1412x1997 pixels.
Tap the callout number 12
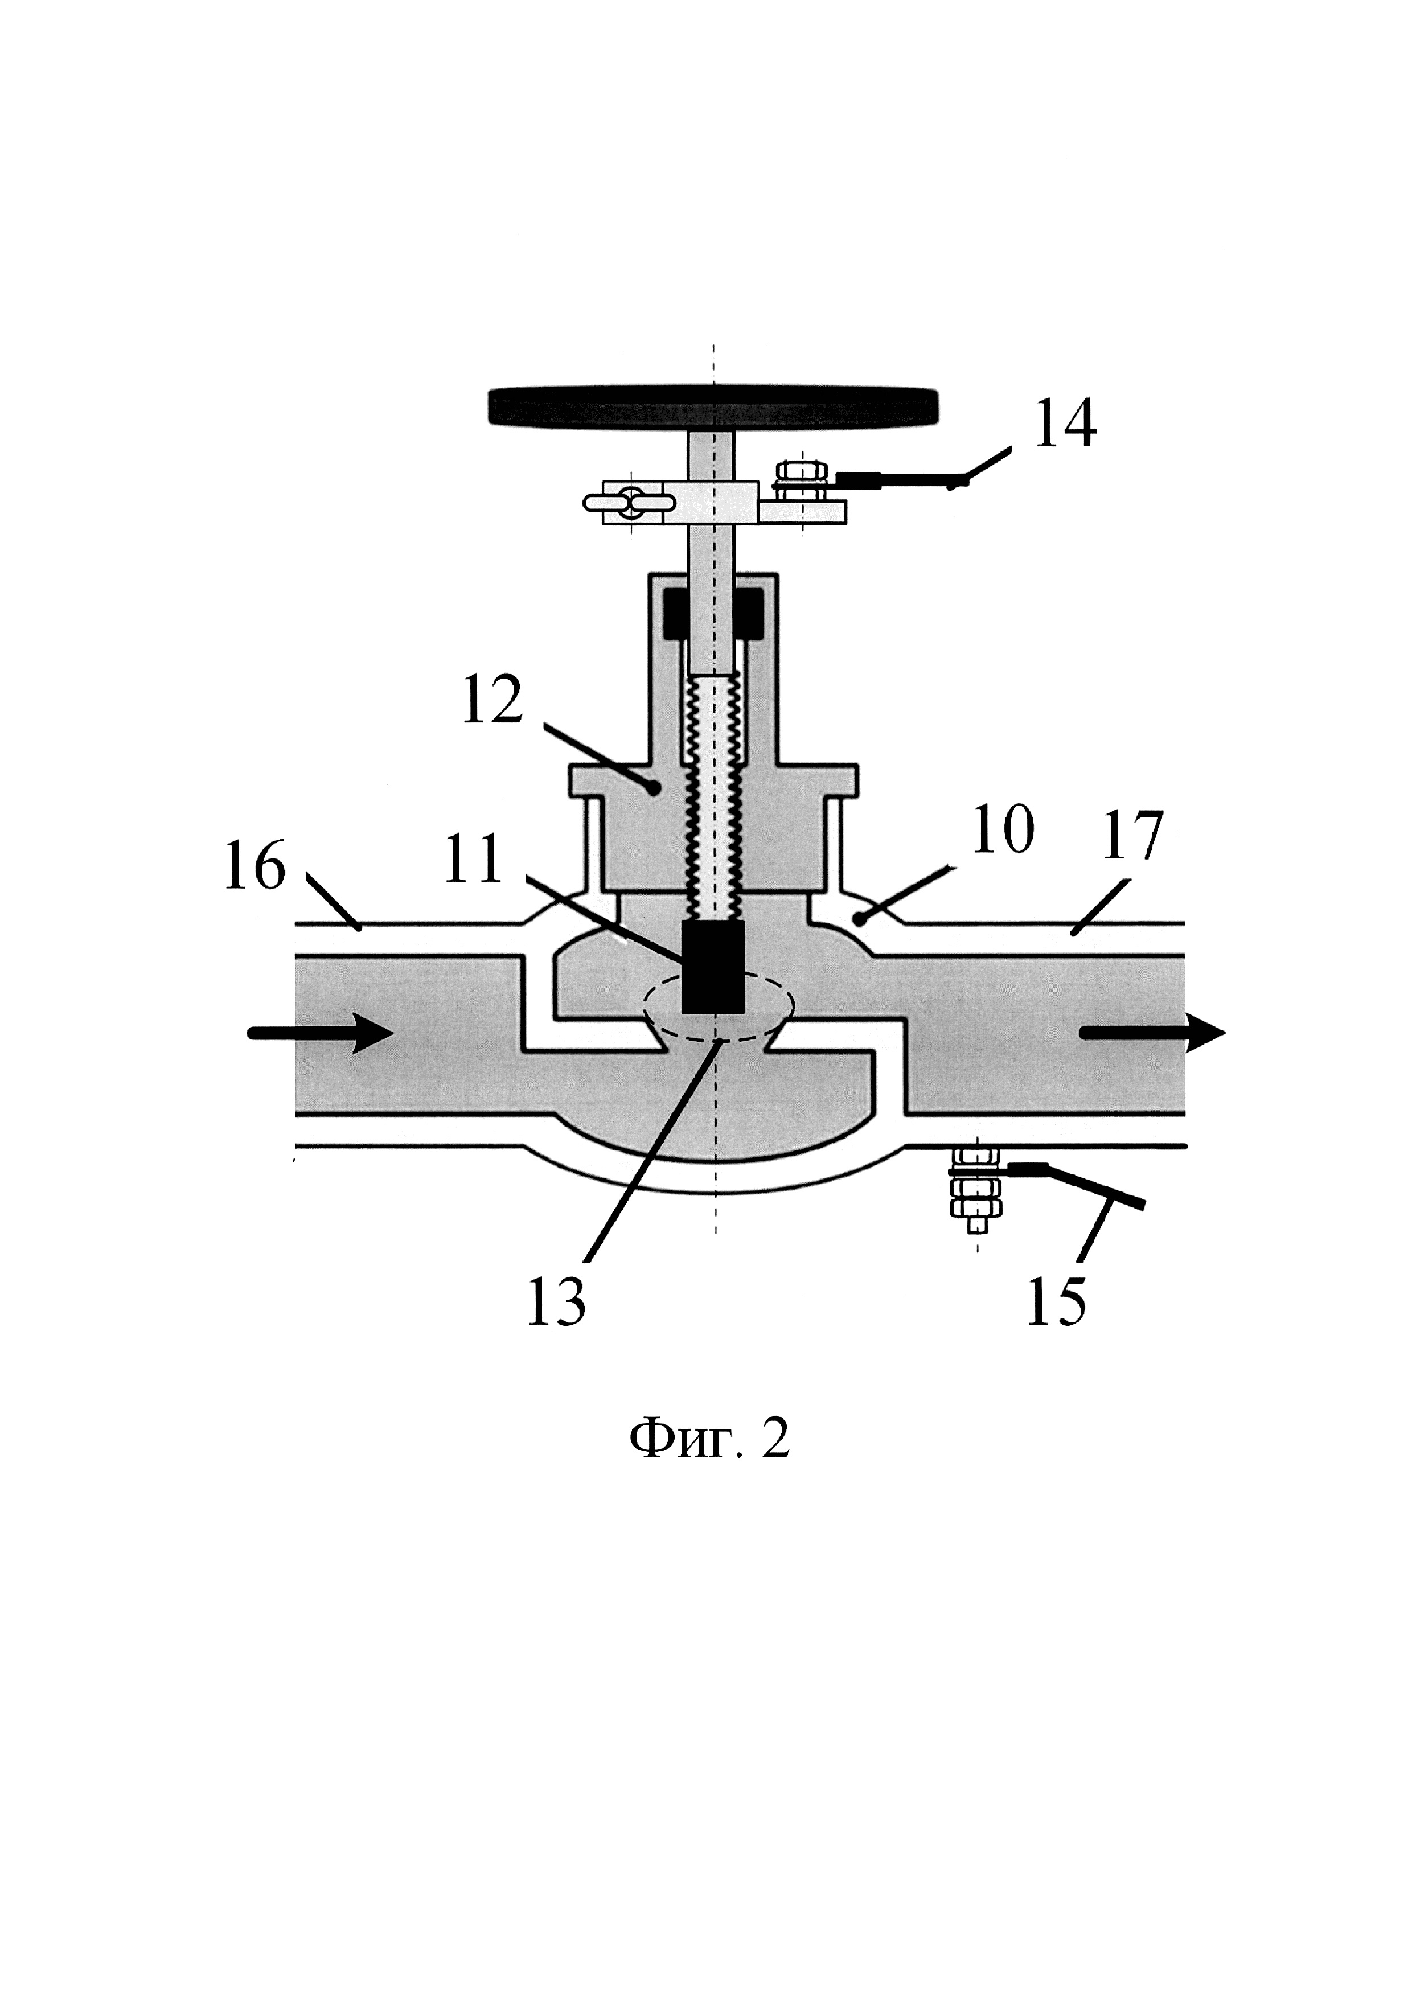coord(492,698)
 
